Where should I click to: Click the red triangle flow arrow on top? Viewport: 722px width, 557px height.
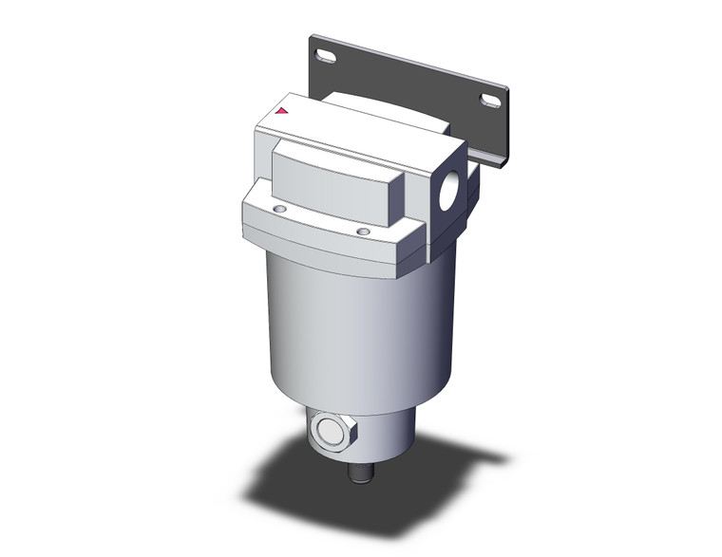(281, 111)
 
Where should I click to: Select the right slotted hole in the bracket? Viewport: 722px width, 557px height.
(491, 100)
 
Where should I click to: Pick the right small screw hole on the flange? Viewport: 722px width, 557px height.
(362, 230)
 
